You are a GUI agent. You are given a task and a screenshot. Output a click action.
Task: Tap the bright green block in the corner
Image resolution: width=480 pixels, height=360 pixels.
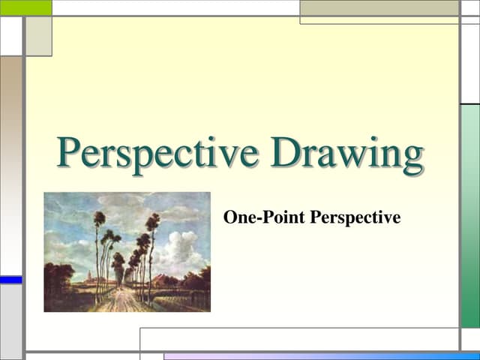tap(25, 7)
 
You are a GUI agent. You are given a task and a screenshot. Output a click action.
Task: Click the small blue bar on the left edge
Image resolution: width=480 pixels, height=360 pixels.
tap(10, 280)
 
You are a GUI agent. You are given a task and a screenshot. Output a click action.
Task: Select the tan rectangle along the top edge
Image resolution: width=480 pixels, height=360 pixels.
tap(379, 7)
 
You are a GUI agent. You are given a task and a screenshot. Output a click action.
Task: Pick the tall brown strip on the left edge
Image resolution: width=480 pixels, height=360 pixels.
tap(10, 165)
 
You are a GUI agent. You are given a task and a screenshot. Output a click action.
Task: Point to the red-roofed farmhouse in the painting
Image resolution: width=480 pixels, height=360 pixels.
tap(161, 280)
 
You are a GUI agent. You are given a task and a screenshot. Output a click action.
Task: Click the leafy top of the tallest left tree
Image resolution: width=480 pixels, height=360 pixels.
tap(99, 219)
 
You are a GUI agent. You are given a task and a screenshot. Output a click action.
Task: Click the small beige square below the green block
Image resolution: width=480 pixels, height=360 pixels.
tap(38, 36)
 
